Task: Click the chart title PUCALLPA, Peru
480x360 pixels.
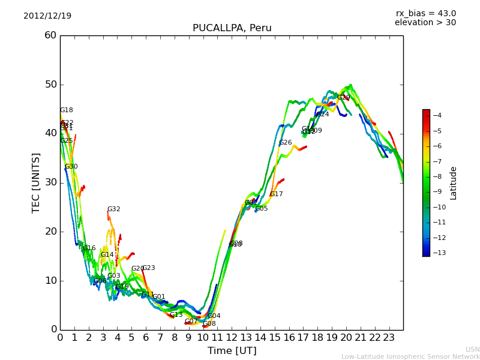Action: point(232,28)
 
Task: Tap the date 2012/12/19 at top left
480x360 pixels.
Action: point(47,16)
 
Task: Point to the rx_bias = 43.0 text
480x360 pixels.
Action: point(425,13)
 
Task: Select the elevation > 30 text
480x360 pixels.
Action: point(425,23)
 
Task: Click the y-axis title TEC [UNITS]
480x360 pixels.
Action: point(36,182)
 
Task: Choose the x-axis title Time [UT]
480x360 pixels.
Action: point(232,351)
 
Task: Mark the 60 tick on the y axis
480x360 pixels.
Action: point(50,35)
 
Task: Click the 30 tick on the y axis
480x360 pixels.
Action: point(50,182)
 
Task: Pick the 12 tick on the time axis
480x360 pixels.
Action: point(232,337)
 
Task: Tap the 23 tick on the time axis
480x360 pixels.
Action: point(389,337)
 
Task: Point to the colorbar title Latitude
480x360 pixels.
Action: point(454,182)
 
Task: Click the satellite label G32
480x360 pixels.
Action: point(114,209)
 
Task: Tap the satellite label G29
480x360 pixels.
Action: point(343,97)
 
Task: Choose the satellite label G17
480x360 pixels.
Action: point(276,194)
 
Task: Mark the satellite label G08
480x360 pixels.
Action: point(209,324)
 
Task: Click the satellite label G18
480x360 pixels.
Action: point(67,110)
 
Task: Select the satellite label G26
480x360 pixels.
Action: point(286,143)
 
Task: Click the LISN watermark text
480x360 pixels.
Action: point(472,349)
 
